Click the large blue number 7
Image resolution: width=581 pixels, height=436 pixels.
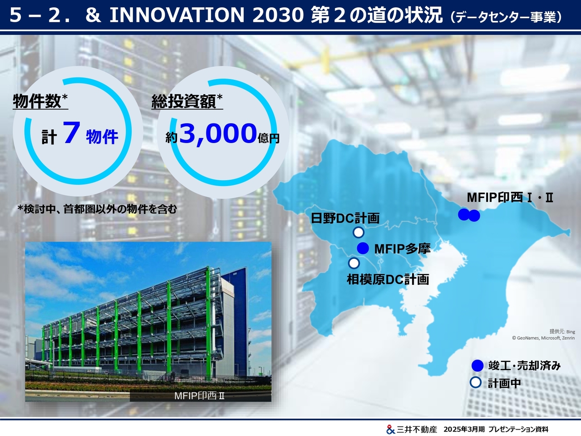pos(71,133)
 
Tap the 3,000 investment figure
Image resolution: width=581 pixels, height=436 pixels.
pos(218,134)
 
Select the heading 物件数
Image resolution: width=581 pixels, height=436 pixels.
pos(37,101)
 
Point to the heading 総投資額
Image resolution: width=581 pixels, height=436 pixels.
pos(184,101)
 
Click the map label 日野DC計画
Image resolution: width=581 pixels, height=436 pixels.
pos(345,218)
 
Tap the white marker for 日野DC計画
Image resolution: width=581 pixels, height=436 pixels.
pos(359,233)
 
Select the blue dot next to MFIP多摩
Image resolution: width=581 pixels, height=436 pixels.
pos(363,248)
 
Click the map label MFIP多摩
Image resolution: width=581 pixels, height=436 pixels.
pos(402,249)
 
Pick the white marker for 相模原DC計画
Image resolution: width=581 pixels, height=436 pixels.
pos(354,263)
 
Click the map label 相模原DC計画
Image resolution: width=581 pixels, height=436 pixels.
pos(388,280)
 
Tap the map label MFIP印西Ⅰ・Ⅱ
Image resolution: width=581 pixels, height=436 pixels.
pos(510,198)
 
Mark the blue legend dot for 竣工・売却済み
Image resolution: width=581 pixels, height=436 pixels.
pos(478,366)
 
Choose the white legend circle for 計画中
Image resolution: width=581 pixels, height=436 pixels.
pos(475,383)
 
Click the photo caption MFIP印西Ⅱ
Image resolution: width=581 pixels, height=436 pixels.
pos(199,396)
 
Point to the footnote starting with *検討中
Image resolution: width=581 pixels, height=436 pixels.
pos(97,209)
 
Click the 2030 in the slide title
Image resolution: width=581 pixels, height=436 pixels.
pos(278,15)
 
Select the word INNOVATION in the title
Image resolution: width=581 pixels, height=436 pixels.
pos(177,15)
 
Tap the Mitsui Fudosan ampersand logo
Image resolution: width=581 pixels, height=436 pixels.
pos(390,429)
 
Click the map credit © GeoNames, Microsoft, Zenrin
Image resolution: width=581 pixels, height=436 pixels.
pos(543,338)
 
